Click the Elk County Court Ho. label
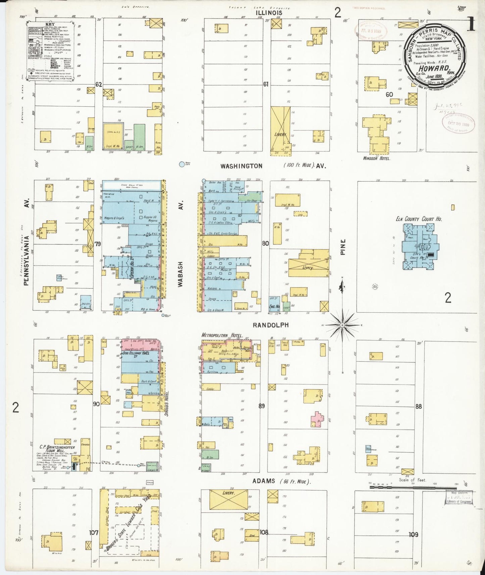[419, 219]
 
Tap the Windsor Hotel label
[377, 158]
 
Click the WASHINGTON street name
[241, 166]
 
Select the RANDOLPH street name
[271, 325]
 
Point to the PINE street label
[343, 247]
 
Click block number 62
[98, 85]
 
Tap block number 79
[98, 244]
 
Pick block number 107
[94, 532]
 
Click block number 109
[414, 534]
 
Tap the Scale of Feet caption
[412, 480]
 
